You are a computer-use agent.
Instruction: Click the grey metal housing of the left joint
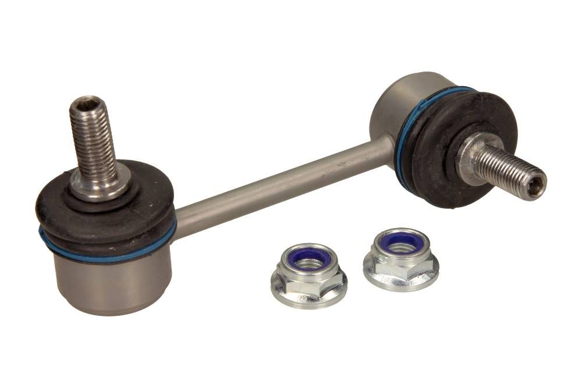click(111, 285)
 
